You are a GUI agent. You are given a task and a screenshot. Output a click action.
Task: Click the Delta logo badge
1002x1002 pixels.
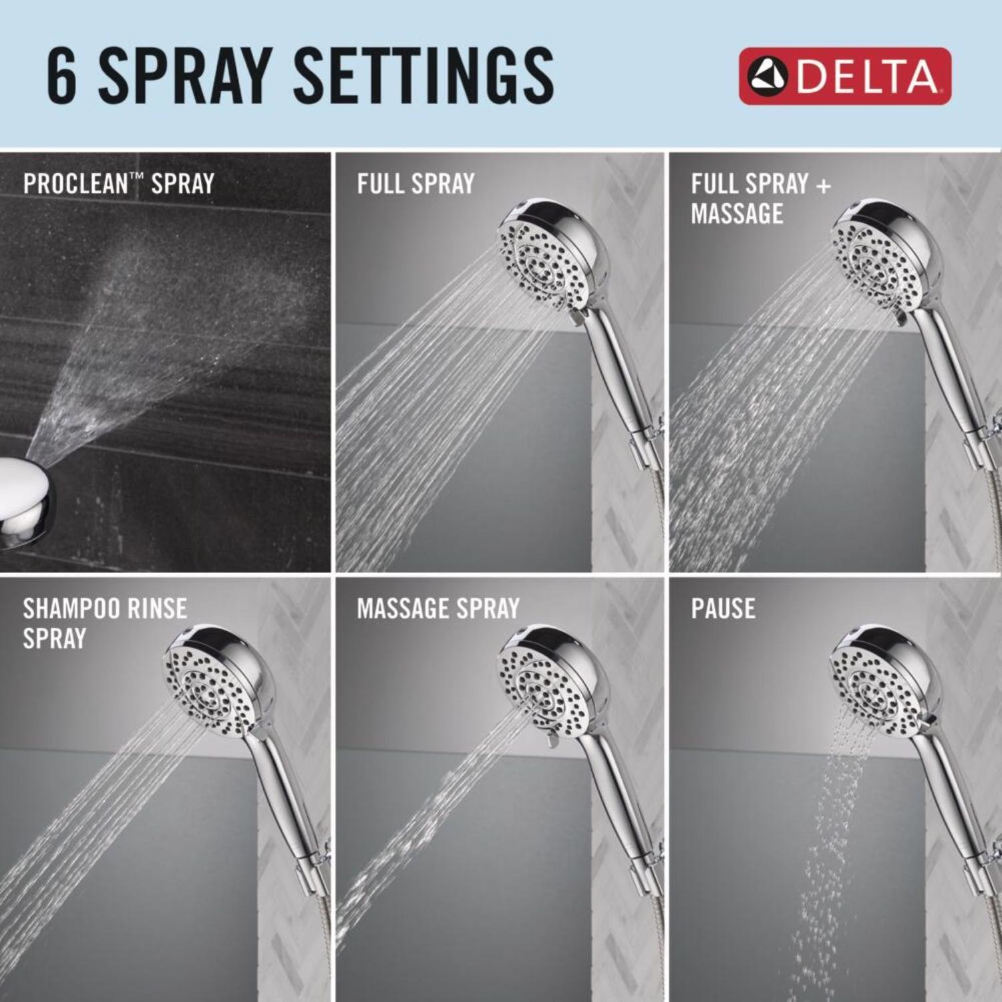tap(844, 75)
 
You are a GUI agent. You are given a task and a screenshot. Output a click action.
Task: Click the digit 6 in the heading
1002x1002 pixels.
tap(62, 76)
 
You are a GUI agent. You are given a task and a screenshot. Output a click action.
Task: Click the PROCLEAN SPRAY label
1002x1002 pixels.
tap(118, 184)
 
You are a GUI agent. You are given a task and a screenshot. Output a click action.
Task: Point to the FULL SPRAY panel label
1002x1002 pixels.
tap(415, 184)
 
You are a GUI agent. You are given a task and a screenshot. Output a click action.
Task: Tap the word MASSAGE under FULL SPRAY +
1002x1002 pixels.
tap(737, 214)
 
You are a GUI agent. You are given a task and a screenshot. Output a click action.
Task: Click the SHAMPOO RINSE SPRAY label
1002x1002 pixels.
tap(104, 623)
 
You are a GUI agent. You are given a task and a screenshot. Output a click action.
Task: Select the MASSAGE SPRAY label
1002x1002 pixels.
tap(438, 609)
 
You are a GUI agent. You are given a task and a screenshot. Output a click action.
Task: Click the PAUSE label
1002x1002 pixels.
tap(723, 609)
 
